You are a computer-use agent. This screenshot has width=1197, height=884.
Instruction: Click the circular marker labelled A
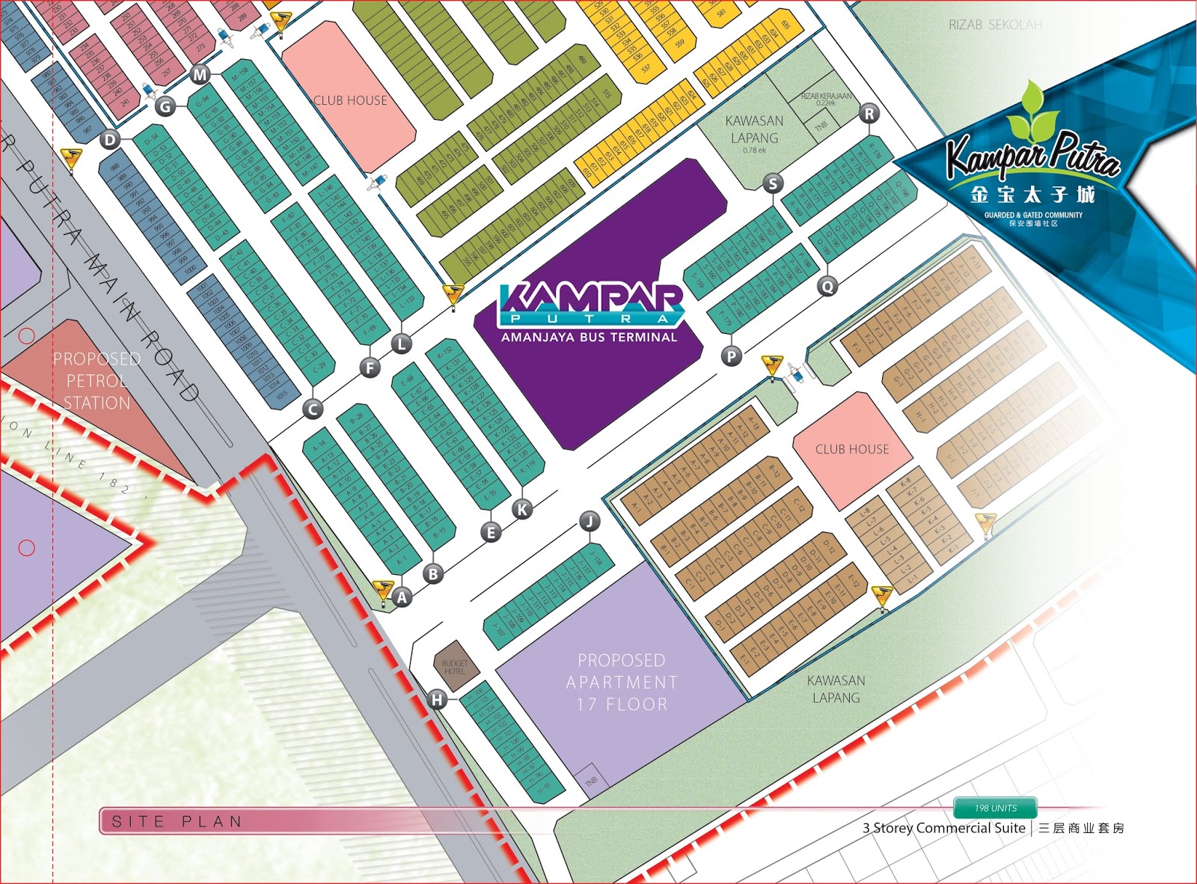click(x=402, y=597)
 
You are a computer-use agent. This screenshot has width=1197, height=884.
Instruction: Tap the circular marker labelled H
click(x=437, y=699)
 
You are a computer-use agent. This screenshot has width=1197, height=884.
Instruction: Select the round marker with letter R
click(x=869, y=114)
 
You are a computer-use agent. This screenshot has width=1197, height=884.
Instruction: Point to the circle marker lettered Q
click(x=827, y=286)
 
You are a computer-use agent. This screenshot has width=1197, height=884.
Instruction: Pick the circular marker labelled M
click(x=200, y=74)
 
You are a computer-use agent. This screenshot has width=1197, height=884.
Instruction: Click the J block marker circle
click(x=590, y=521)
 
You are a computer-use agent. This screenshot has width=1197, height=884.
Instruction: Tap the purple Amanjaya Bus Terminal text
click(x=589, y=338)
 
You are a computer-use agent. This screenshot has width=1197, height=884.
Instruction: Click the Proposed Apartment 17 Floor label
click(x=621, y=682)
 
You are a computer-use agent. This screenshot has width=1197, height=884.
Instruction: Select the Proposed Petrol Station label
click(x=97, y=380)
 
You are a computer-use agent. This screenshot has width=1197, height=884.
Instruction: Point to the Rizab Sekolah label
click(x=995, y=25)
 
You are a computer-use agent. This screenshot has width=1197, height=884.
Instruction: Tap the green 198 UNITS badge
click(x=995, y=808)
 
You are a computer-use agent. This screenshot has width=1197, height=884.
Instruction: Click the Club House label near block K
click(x=852, y=449)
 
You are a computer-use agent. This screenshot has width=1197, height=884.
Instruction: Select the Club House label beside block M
click(x=350, y=100)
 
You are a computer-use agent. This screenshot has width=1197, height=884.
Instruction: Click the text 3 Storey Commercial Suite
click(x=943, y=828)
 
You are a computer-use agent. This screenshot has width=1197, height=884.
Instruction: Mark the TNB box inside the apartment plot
click(x=591, y=781)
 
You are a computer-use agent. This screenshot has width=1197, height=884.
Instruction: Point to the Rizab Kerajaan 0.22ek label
click(x=826, y=99)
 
